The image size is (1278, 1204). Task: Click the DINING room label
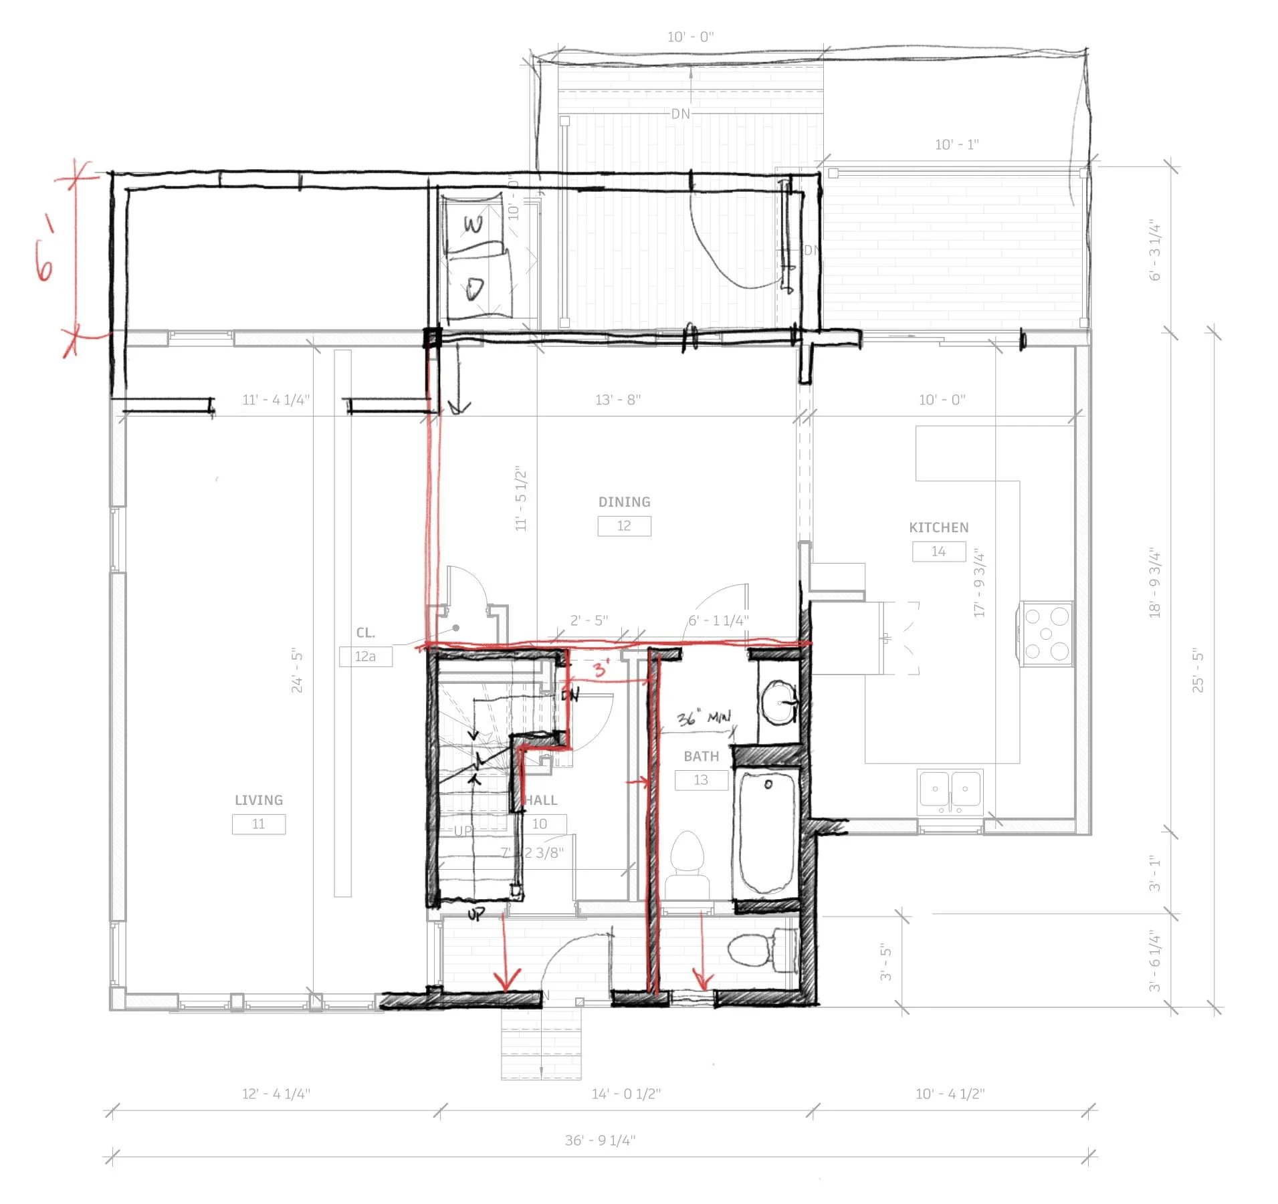pyautogui.click(x=624, y=502)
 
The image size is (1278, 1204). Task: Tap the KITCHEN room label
pyautogui.click(x=938, y=527)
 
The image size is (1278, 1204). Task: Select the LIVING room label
pyautogui.click(x=258, y=800)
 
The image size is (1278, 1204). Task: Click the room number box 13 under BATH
pyautogui.click(x=701, y=780)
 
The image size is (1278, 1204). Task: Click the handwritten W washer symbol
pyautogui.click(x=473, y=225)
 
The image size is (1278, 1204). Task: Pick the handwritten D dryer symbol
pyautogui.click(x=475, y=289)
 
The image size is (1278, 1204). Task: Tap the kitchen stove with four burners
pyautogui.click(x=1045, y=633)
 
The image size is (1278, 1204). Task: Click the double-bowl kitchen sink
pyautogui.click(x=950, y=792)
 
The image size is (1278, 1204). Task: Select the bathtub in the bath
pyautogui.click(x=766, y=832)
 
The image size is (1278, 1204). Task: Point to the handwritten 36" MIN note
pyautogui.click(x=703, y=718)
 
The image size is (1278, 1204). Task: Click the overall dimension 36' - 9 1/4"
pyautogui.click(x=600, y=1140)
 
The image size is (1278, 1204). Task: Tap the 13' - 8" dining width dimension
pyautogui.click(x=617, y=400)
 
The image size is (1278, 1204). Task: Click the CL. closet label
pyautogui.click(x=365, y=632)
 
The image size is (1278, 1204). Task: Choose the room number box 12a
pyautogui.click(x=365, y=656)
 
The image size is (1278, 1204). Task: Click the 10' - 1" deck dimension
pyautogui.click(x=956, y=144)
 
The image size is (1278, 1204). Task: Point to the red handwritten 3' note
pyautogui.click(x=602, y=668)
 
